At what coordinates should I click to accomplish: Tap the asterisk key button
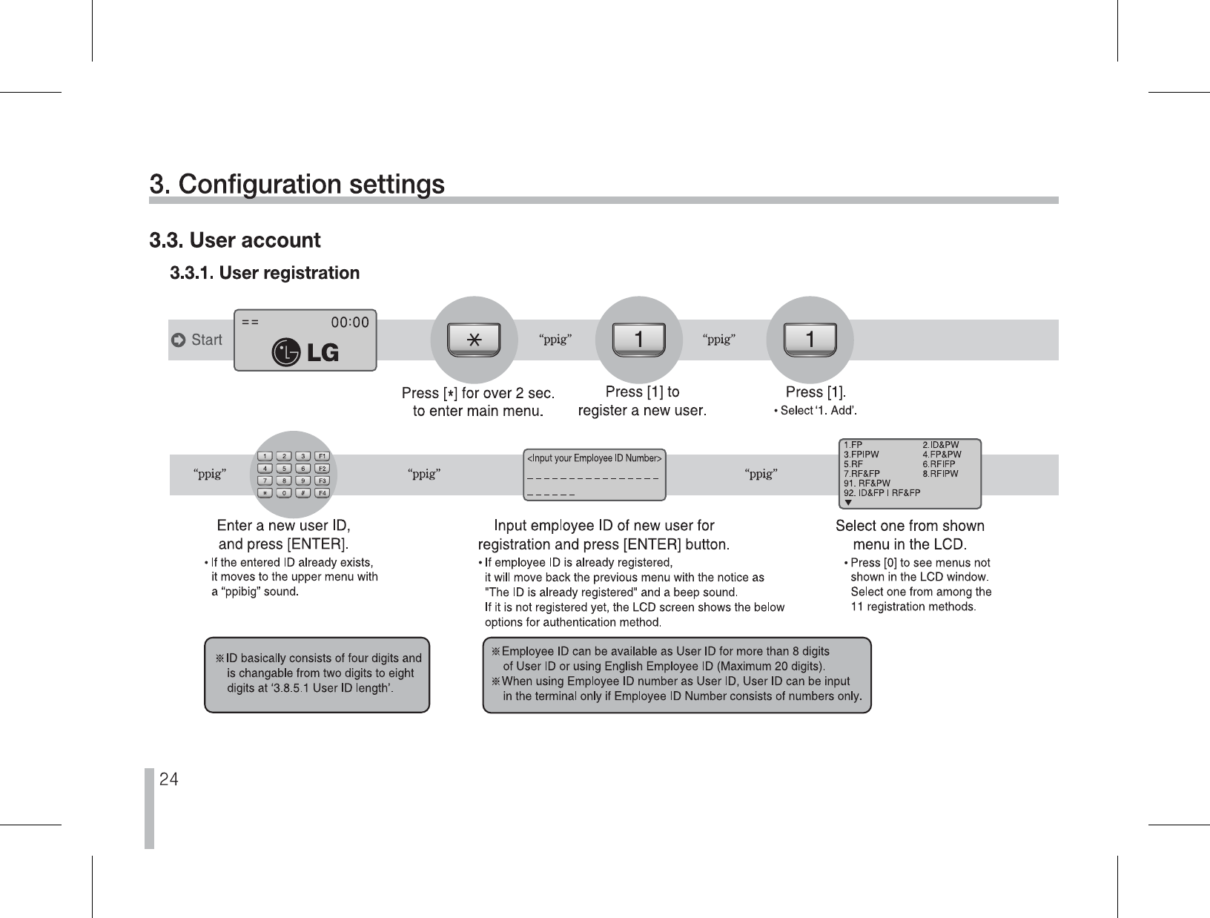(474, 340)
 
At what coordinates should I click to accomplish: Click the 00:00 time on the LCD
(349, 323)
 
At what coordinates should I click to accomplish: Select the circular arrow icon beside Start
(178, 340)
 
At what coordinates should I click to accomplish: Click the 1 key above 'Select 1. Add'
(810, 340)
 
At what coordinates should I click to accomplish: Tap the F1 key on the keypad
(322, 456)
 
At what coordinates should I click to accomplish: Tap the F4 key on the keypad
(322, 493)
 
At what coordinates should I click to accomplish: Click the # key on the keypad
(302, 493)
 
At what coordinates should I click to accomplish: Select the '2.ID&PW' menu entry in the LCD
(940, 445)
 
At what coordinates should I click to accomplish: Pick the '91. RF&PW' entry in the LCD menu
(867, 483)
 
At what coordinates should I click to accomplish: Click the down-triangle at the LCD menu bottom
(848, 502)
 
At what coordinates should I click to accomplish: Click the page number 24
(169, 779)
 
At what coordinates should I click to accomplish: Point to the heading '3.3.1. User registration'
(265, 273)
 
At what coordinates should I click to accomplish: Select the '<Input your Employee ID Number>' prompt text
(594, 458)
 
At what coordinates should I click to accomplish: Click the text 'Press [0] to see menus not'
(920, 564)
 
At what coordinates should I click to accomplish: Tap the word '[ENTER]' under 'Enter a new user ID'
(316, 545)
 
